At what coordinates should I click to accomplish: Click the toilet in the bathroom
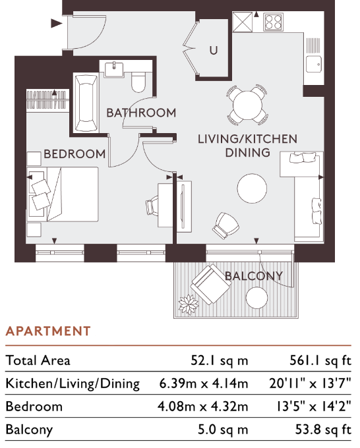coord(138,82)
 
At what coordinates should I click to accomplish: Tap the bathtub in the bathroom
coord(86,103)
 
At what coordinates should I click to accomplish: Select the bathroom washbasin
coord(114,69)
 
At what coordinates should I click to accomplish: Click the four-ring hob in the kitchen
coord(273,22)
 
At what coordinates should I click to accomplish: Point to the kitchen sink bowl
coord(314,64)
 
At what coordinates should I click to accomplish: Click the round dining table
coord(247,105)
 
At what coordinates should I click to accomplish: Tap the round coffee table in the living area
coord(252,188)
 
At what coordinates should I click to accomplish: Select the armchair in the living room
coord(225,225)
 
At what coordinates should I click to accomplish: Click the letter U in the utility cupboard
coord(214,51)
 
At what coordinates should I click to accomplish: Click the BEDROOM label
coord(75,154)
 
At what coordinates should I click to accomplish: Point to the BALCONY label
coord(254,276)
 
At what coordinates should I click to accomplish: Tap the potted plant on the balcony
coord(189,304)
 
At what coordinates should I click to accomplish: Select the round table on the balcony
coord(256,297)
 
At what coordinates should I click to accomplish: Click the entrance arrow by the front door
coord(56,24)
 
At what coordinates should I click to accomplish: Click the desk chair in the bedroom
coord(152,206)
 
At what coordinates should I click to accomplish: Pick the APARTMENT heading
coord(48,331)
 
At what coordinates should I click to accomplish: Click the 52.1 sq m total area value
coord(220,360)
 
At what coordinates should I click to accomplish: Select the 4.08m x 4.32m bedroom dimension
coord(202,406)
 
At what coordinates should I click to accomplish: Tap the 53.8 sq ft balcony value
coord(323,429)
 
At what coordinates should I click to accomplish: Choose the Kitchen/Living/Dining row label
coord(73,383)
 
